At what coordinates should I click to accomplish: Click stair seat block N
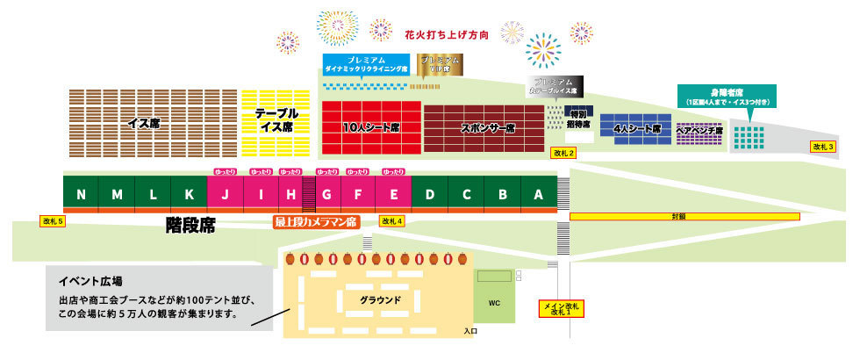(82, 194)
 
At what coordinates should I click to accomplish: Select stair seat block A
(538, 194)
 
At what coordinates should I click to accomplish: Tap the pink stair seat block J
(226, 194)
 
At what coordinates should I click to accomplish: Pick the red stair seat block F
(357, 194)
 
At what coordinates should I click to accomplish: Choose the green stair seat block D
(430, 194)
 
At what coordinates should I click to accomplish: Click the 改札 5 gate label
(52, 221)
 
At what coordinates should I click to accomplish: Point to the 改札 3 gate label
(822, 147)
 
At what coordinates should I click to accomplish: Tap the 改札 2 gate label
(563, 153)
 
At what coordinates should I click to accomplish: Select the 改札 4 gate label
(391, 221)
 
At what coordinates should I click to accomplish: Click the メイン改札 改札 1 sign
(561, 308)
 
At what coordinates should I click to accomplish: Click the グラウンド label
(380, 299)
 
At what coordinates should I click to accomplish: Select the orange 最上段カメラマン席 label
(316, 222)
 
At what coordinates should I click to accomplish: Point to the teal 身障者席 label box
(727, 95)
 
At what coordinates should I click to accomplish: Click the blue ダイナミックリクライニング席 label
(367, 63)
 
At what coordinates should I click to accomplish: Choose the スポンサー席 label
(487, 127)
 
